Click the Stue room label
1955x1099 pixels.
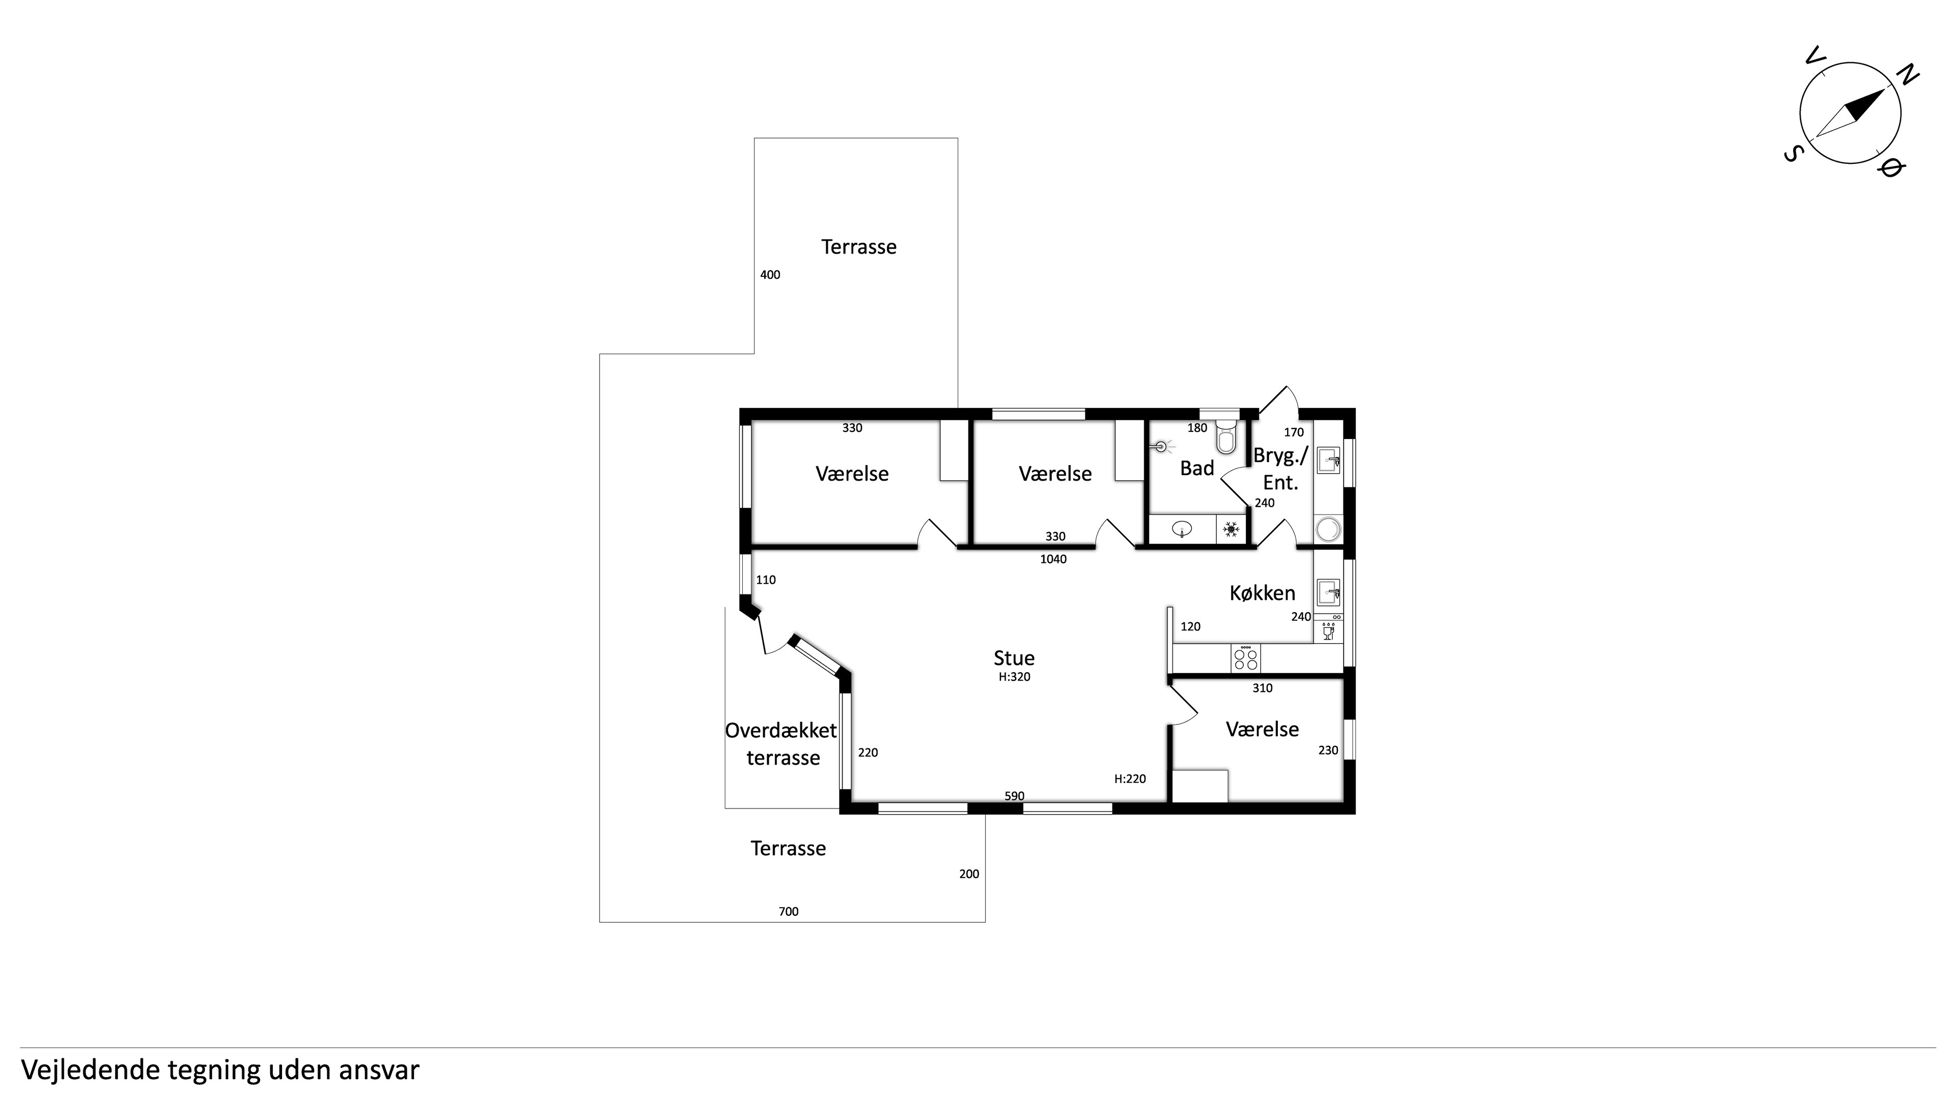pyautogui.click(x=1014, y=657)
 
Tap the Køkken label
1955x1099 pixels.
pyautogui.click(x=1262, y=592)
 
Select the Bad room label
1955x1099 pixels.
pyautogui.click(x=1197, y=469)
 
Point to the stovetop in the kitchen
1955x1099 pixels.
pyautogui.click(x=1245, y=657)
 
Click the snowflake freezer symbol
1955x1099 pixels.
pyautogui.click(x=1231, y=529)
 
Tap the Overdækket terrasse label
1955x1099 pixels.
pyautogui.click(x=781, y=744)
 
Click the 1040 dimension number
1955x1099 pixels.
pyautogui.click(x=1053, y=559)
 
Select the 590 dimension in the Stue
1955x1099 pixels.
pyautogui.click(x=1015, y=796)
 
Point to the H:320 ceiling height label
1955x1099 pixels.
pyautogui.click(x=1015, y=677)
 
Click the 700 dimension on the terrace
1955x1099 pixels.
pyautogui.click(x=789, y=911)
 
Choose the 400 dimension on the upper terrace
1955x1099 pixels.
pyautogui.click(x=770, y=275)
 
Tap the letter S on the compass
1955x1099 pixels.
pyautogui.click(x=1793, y=155)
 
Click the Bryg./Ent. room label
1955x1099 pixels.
pyautogui.click(x=1281, y=469)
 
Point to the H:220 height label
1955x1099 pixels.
pyautogui.click(x=1130, y=778)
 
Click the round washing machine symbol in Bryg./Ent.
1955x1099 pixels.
pyautogui.click(x=1328, y=529)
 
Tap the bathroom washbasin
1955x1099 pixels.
pyautogui.click(x=1182, y=529)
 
